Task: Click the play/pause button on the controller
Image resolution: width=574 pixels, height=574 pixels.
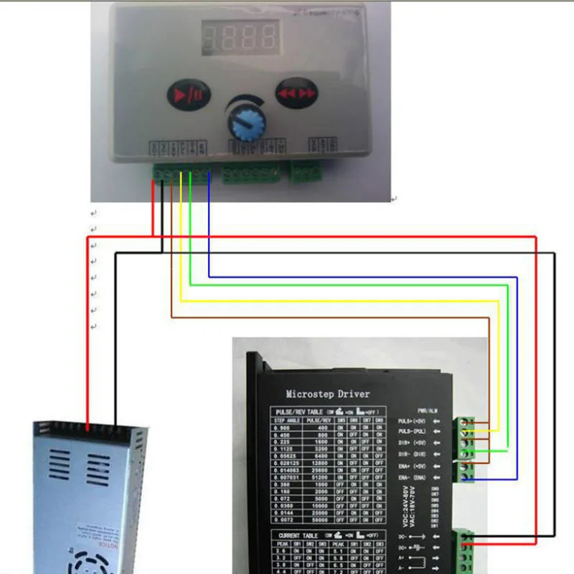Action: [187, 93]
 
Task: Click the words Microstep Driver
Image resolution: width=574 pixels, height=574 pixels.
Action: [328, 393]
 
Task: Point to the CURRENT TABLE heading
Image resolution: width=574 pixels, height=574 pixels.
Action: [298, 535]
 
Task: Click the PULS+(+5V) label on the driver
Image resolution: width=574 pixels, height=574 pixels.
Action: [415, 421]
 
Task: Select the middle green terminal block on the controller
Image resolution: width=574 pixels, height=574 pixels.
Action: [250, 174]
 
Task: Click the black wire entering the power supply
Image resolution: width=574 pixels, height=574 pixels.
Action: [115, 409]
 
